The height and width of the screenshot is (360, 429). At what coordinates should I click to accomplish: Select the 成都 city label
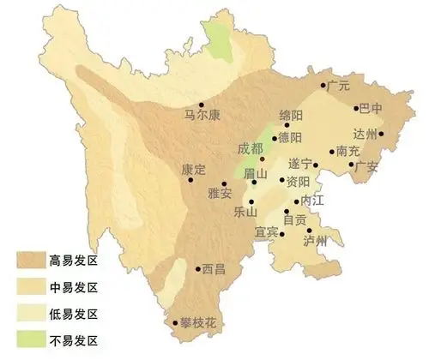coord(251,147)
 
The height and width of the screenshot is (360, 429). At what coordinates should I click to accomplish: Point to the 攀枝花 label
coord(196,323)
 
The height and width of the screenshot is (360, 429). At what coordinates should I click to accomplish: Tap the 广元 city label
coord(341,87)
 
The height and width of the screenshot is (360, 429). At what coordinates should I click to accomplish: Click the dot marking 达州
coord(381,134)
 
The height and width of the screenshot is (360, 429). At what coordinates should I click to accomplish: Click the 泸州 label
coord(316,241)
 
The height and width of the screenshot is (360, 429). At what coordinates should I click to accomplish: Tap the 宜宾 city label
coord(267,232)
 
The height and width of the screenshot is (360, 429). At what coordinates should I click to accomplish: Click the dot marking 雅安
coord(225,183)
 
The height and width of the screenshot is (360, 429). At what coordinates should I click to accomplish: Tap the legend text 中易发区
coord(76,285)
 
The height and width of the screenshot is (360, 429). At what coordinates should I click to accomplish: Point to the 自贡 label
coord(295,220)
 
